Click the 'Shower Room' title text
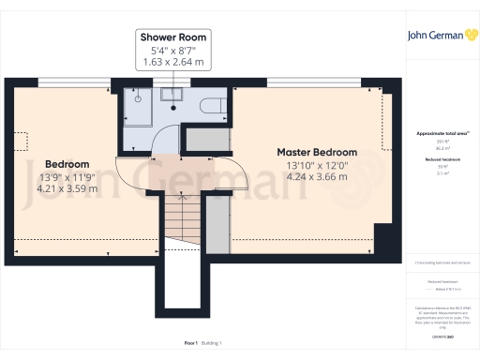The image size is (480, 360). tap(172, 37)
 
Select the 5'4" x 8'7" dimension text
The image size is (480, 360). tap(172, 50)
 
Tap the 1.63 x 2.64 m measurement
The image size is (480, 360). tap(172, 62)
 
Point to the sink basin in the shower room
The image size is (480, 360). tap(172, 94)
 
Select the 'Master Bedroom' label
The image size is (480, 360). tap(316, 152)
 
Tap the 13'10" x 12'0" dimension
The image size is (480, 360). tap(316, 165)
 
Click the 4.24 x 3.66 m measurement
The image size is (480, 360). tap(316, 177)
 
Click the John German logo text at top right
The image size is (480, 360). tap(433, 37)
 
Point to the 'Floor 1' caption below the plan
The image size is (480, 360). tap(191, 344)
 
